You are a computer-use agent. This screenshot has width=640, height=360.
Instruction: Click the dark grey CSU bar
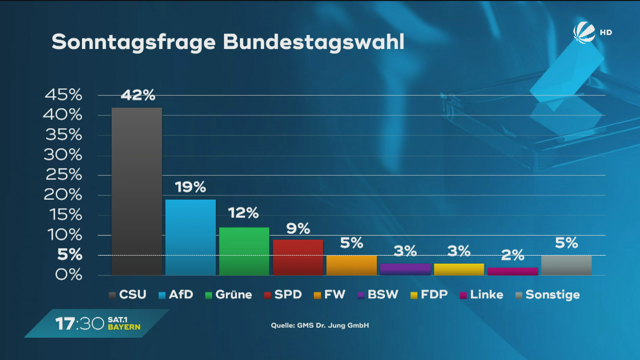(137, 192)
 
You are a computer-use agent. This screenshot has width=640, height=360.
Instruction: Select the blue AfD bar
(190, 237)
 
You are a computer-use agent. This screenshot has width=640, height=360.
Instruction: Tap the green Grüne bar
(244, 251)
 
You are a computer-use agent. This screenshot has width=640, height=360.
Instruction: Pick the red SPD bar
(298, 257)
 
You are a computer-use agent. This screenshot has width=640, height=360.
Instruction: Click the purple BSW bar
(405, 269)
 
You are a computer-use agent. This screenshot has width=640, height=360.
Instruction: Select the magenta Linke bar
(513, 271)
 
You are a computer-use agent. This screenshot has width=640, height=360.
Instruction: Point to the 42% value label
(138, 95)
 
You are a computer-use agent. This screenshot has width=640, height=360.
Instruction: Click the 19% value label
(190, 187)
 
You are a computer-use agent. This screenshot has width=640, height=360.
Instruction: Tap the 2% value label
(513, 255)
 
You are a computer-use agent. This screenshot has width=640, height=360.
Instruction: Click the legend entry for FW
(330, 295)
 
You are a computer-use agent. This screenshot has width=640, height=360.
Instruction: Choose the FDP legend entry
(429, 295)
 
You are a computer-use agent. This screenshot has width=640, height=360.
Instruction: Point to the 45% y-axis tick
(63, 95)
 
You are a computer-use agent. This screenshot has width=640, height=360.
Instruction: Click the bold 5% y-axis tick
(70, 255)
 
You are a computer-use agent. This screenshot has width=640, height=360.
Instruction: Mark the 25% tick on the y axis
(63, 175)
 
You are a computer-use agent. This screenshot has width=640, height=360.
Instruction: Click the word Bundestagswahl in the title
(313, 42)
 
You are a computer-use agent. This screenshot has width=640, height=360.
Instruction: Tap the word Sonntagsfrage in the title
(134, 43)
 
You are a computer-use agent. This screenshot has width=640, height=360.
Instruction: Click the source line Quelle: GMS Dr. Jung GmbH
(320, 325)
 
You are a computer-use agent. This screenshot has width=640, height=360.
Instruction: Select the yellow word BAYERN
(124, 327)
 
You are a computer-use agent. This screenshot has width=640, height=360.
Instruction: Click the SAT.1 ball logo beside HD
(584, 32)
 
